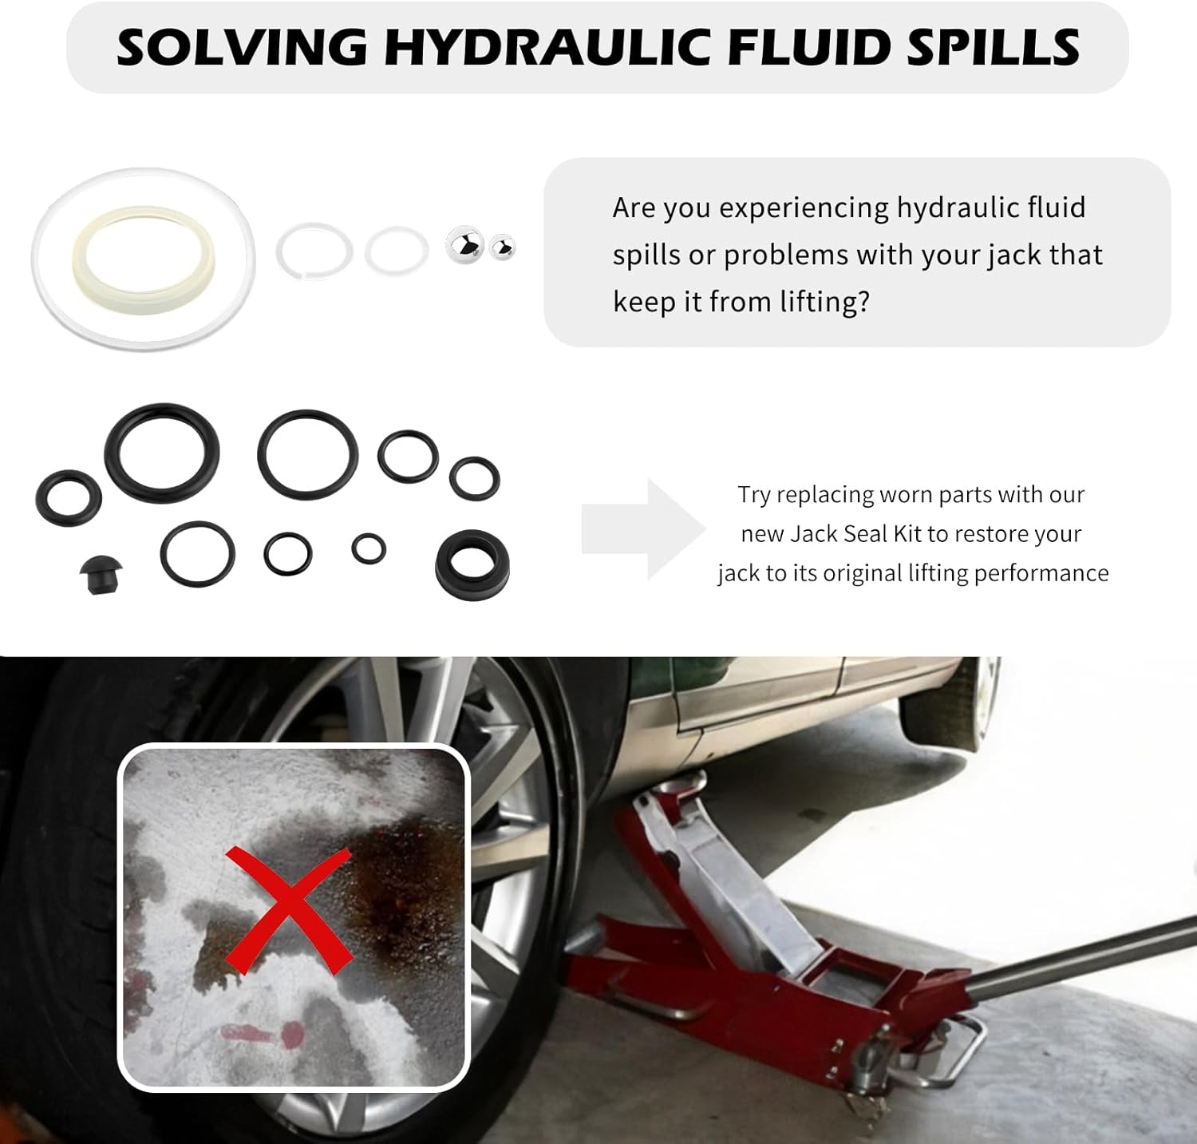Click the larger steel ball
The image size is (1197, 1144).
464,244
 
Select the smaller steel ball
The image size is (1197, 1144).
502,247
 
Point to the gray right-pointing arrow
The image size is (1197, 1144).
643,529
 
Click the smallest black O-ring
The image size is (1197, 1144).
369,548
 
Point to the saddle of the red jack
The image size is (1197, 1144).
678,783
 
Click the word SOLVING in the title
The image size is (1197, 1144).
243,47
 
